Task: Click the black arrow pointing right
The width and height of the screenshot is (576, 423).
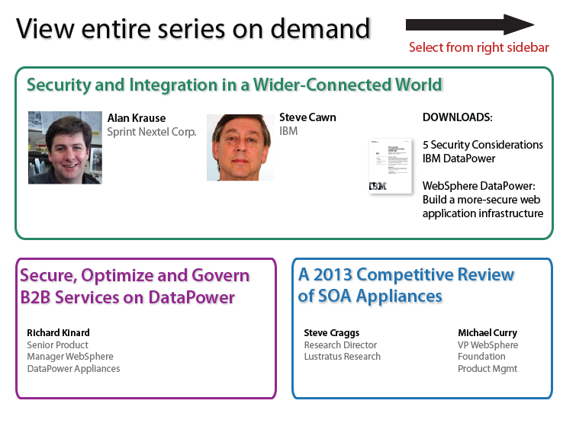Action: [x=470, y=25]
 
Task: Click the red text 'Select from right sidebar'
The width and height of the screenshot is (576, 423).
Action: [x=478, y=47]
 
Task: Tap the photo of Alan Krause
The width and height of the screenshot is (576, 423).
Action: [x=65, y=148]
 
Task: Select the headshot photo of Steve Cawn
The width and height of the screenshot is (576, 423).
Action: [x=240, y=148]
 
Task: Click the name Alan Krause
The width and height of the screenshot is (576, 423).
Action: [x=137, y=118]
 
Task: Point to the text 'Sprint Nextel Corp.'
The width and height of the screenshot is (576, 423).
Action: [x=152, y=132]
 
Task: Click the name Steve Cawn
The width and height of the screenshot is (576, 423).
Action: [x=307, y=117]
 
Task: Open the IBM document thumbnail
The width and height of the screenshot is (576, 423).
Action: [x=391, y=166]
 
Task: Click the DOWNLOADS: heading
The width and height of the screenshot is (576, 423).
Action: [x=457, y=117]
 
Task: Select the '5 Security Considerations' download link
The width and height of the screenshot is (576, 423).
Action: [x=483, y=145]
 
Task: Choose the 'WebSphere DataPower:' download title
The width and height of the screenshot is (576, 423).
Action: [x=478, y=186]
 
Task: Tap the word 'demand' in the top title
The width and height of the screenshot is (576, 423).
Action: [x=320, y=29]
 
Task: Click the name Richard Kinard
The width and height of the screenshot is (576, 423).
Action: [x=58, y=333]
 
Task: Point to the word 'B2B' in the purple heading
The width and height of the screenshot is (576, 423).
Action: [x=35, y=297]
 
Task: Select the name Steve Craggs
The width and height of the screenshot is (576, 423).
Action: [x=331, y=333]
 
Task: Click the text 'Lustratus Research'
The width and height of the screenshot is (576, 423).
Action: [x=342, y=357]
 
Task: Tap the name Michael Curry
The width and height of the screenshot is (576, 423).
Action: [x=487, y=333]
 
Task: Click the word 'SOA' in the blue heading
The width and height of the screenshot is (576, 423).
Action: [x=335, y=296]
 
